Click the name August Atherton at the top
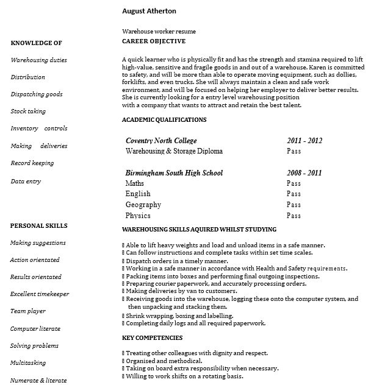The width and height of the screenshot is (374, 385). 149,11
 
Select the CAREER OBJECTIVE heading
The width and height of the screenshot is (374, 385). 154,41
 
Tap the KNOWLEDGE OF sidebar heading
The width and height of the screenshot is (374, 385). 36,43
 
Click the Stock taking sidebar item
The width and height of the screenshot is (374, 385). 28,111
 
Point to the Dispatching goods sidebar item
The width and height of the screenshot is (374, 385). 37,94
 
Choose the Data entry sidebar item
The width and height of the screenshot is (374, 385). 26,181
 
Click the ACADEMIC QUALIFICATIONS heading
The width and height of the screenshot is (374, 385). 164,120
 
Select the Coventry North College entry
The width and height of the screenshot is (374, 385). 161,141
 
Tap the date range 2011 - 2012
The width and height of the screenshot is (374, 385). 304,141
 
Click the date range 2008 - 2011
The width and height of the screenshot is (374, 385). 304,173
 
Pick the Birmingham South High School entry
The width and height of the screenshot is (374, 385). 174,173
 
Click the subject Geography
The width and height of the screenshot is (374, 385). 143,205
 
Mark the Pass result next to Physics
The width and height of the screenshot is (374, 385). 293,216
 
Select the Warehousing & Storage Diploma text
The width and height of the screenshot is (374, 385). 174,151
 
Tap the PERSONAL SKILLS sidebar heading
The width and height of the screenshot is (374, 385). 38,225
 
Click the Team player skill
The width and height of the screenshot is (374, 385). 27,311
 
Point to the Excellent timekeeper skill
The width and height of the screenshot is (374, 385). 40,294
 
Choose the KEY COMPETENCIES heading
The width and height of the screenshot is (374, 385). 152,337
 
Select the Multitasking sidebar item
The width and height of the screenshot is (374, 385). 28,363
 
